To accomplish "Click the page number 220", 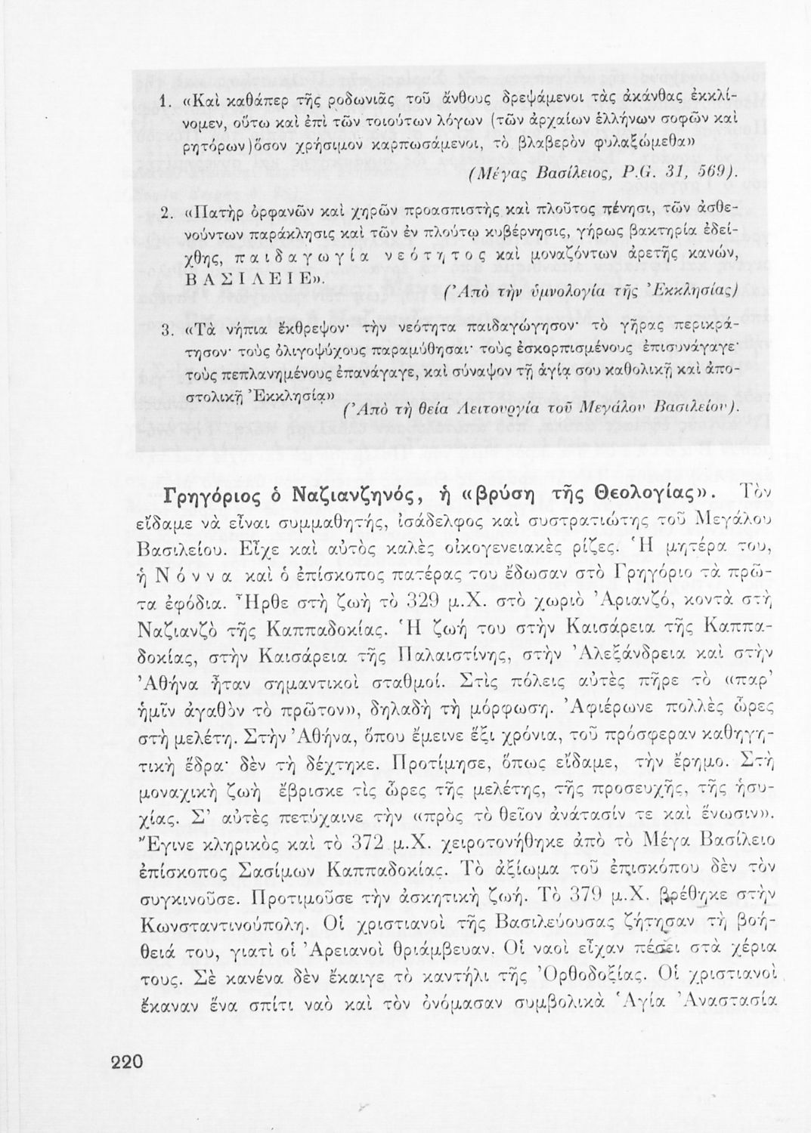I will [x=126, y=1062].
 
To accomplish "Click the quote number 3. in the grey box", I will [x=169, y=330].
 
